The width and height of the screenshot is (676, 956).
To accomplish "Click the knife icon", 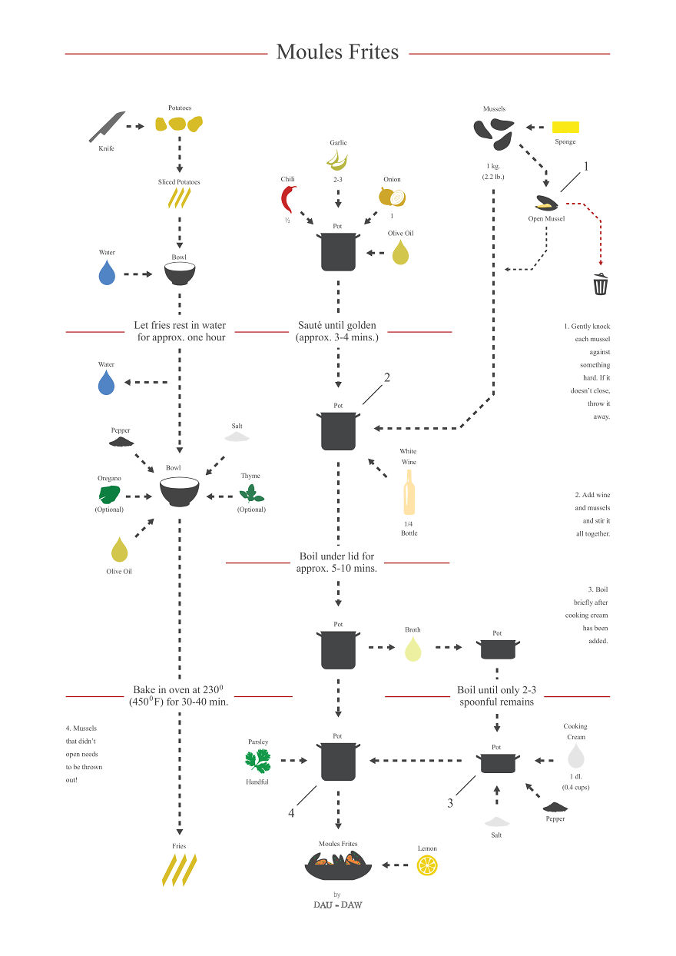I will tap(107, 127).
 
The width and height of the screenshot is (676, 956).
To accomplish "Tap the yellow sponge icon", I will tap(566, 127).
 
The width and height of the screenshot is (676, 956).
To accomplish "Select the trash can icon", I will tap(601, 284).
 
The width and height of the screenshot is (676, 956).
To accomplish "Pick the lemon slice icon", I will tap(427, 865).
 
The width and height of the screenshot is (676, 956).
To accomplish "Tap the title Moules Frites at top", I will tap(337, 52).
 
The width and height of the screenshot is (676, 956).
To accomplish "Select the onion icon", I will tap(392, 197).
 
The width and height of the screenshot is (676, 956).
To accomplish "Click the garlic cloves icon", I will tap(338, 159).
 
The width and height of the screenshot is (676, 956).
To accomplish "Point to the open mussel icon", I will tap(546, 204).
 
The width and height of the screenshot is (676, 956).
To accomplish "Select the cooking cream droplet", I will tap(575, 756).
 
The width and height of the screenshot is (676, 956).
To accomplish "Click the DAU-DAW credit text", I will tap(337, 905).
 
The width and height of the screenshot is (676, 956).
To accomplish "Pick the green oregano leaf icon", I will tap(109, 495).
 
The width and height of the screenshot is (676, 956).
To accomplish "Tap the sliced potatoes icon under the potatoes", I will tap(179, 199).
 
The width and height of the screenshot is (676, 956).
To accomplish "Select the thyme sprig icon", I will tap(251, 493).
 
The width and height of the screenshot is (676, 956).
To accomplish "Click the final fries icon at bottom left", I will tap(179, 869).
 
